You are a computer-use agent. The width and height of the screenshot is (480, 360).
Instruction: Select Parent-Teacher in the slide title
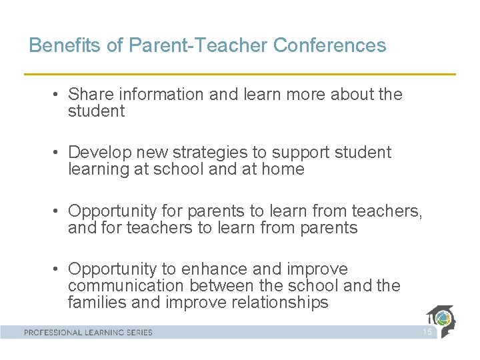[x=197, y=45]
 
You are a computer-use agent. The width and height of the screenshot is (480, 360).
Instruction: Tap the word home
[x=283, y=169]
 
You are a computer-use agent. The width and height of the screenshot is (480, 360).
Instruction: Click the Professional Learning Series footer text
[x=89, y=332]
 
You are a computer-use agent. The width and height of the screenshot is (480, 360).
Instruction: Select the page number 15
[x=427, y=332]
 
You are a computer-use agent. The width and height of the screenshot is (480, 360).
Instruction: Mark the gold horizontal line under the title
[x=240, y=73]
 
